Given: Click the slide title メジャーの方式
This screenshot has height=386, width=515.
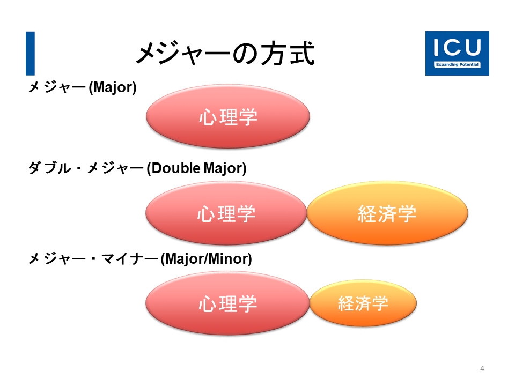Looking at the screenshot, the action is coord(226,54).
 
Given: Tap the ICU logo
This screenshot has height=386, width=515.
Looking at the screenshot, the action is coord(457,53).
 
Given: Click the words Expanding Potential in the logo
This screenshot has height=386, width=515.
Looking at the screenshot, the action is coord(457,65).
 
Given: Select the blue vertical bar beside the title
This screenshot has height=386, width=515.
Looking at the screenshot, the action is coord(30,54).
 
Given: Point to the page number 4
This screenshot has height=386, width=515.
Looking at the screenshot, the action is coord(482,368).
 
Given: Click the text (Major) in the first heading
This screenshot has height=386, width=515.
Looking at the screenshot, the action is coord(113,87).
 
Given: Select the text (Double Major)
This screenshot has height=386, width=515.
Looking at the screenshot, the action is coord(196,168).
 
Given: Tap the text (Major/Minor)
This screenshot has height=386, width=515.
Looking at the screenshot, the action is coord(206,259).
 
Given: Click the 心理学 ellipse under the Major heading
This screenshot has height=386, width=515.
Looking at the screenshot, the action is coord(228,116).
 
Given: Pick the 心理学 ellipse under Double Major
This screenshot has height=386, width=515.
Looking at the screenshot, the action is coord(226,213).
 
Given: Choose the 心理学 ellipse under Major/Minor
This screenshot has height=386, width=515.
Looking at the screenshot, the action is coord(227,303).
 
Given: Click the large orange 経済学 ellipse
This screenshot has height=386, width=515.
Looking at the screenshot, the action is coord(387,213).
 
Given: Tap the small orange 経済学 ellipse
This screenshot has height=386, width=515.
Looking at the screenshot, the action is coord(363,303).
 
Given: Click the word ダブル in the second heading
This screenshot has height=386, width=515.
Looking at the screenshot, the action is coord(49,168).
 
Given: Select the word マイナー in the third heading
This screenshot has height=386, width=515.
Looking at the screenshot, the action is coord(130,259).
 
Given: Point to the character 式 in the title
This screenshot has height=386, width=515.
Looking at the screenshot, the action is coord(302,54).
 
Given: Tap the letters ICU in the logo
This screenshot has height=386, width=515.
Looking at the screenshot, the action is coord(457,48).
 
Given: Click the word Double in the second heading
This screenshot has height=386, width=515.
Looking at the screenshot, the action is coord(176,168).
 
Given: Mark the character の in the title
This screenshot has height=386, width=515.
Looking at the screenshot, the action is coord(246,54).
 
